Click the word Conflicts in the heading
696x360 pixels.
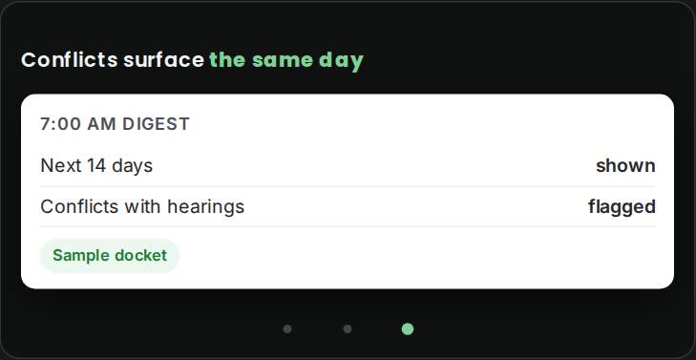point(70,60)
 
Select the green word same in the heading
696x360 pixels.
point(283,60)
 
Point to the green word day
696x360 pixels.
point(341,62)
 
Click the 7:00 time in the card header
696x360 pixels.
point(61,124)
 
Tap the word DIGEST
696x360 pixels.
point(157,124)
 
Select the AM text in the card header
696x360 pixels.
point(101,124)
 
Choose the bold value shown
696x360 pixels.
point(625,165)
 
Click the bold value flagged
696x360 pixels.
point(622,207)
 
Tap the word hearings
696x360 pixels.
point(206,207)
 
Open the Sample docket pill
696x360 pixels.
point(110,256)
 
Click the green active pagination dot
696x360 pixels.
point(408,328)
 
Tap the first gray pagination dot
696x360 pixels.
point(287,328)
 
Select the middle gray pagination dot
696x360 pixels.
point(348,328)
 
